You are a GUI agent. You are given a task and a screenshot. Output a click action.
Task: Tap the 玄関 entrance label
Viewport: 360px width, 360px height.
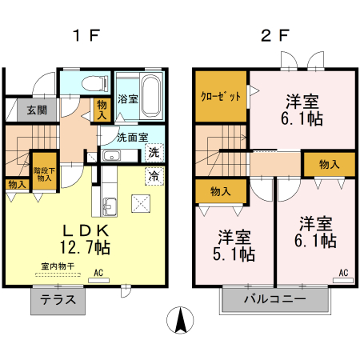(24, 110)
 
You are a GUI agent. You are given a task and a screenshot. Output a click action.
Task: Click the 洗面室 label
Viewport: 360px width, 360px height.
(132, 137)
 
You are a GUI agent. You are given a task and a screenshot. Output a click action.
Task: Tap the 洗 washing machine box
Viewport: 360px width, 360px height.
(154, 153)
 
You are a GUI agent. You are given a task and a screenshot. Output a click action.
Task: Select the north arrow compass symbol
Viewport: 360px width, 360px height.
(181, 321)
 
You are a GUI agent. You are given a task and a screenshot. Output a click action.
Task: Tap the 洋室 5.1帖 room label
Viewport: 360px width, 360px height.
(236, 246)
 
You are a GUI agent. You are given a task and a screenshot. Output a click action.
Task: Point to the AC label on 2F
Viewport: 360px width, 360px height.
(342, 273)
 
